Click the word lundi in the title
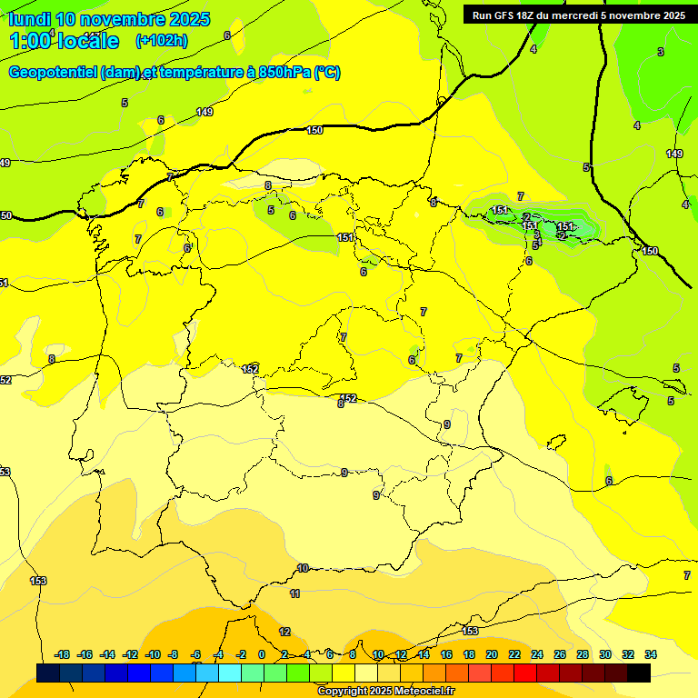(28, 19)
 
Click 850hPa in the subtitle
(284, 73)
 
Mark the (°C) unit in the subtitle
(327, 73)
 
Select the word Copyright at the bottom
(342, 692)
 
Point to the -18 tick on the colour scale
(63, 654)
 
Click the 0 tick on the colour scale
(262, 654)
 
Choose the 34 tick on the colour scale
(651, 654)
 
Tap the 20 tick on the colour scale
(492, 654)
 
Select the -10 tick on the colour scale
(153, 654)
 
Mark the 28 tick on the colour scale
(583, 654)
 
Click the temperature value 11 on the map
(294, 593)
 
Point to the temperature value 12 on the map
(284, 632)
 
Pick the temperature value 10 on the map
(303, 568)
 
